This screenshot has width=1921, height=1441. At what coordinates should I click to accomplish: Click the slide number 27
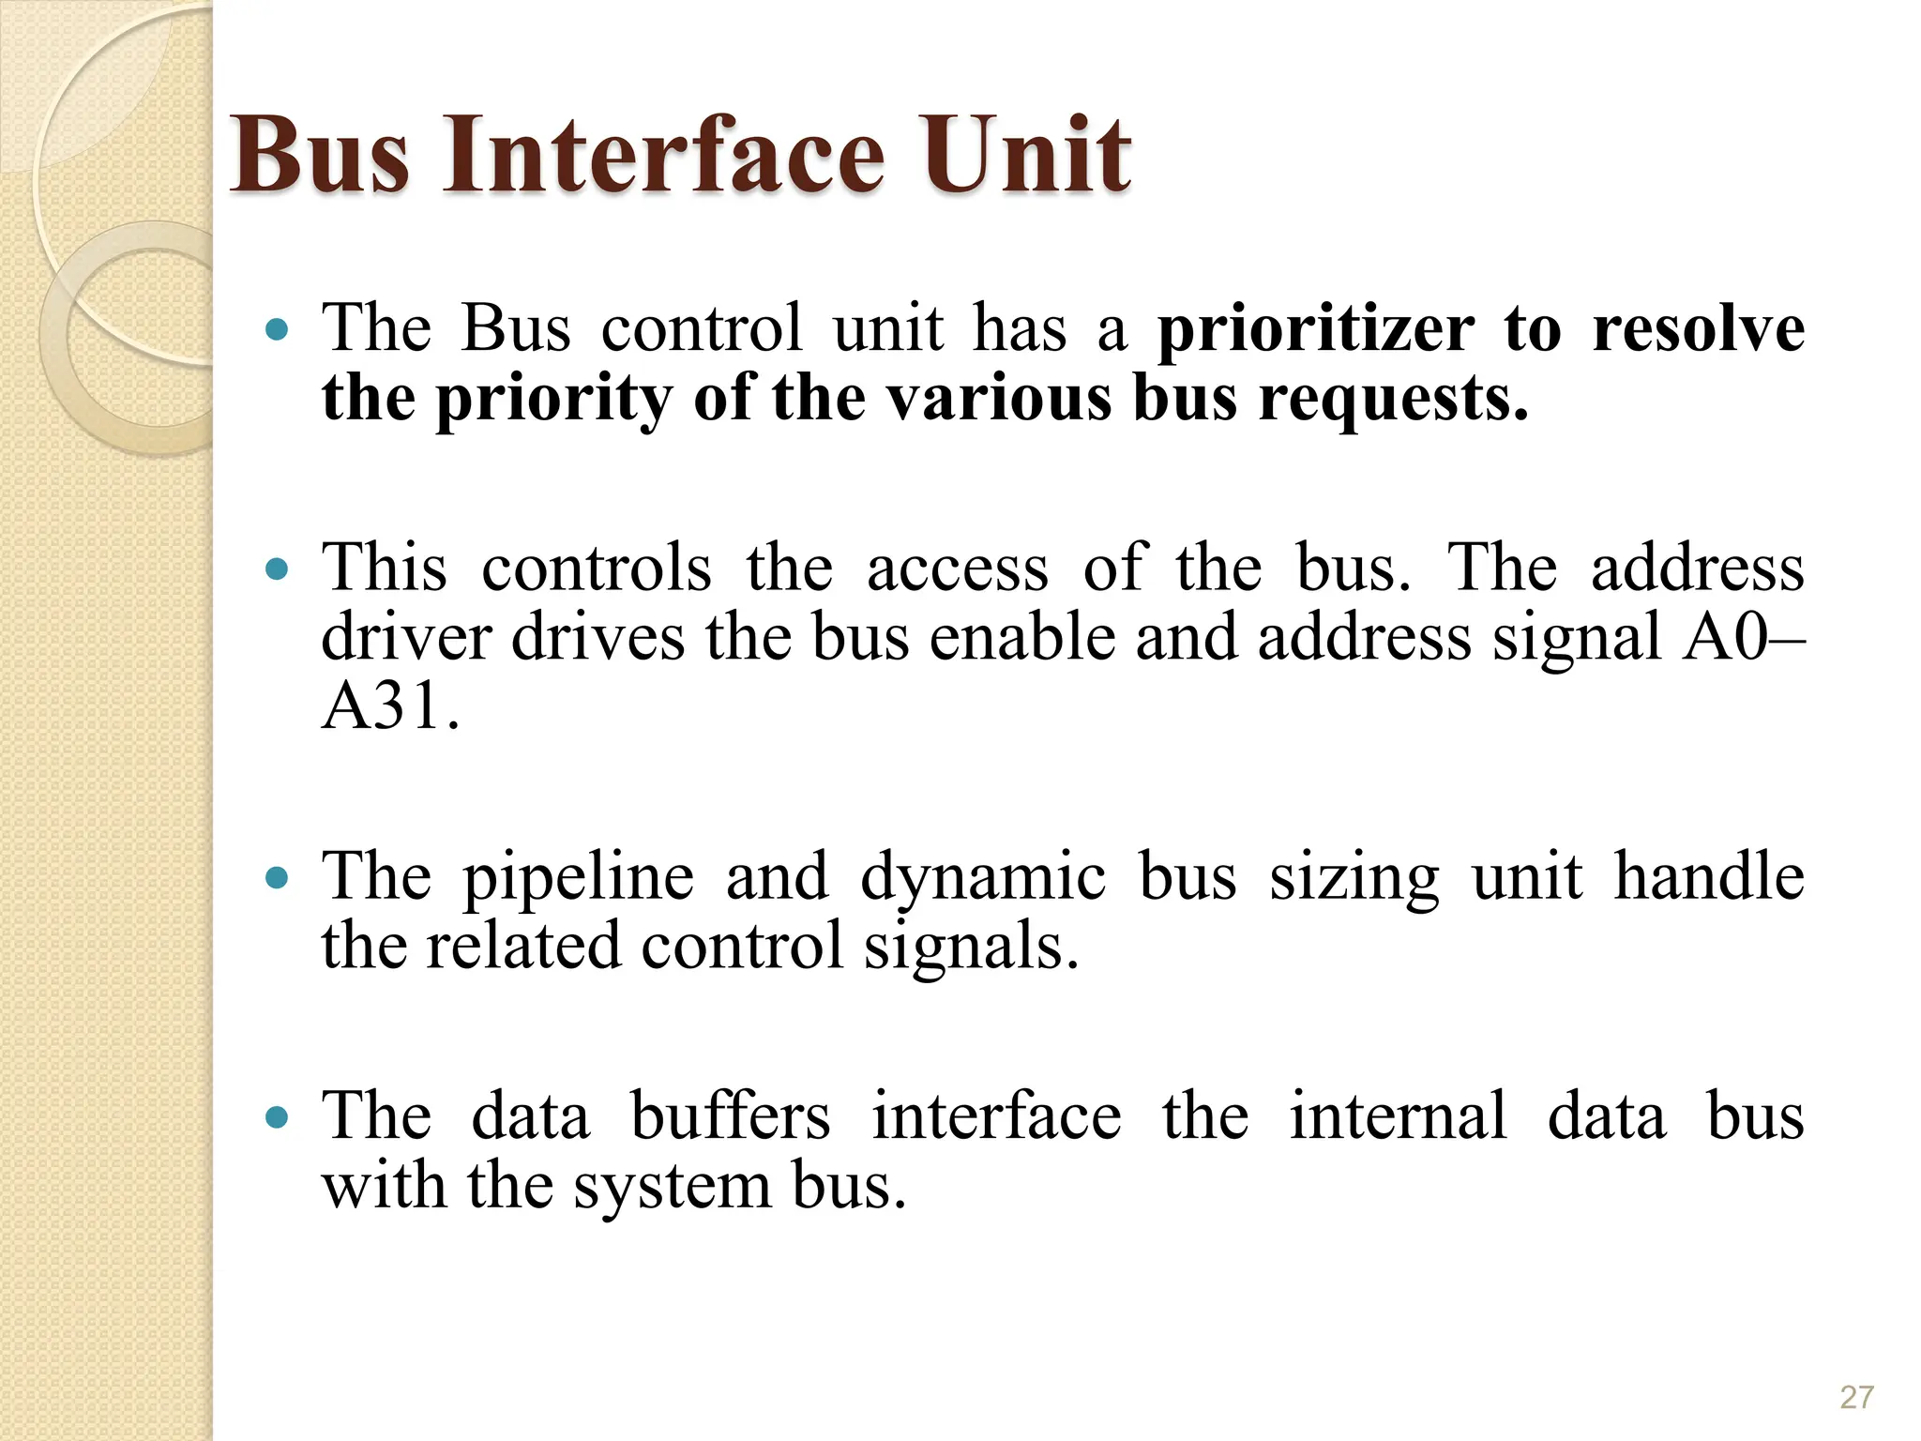[x=1856, y=1397]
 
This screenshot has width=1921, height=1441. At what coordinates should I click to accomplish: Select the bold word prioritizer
[x=1315, y=330]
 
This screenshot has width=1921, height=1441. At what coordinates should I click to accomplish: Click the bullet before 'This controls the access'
[x=277, y=569]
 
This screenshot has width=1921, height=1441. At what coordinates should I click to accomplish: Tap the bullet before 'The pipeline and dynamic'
[x=277, y=877]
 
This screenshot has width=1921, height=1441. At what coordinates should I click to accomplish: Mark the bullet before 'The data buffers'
[x=277, y=1116]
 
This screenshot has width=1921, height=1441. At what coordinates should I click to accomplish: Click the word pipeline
[x=579, y=878]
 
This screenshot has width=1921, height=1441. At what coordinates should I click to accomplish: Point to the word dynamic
[x=982, y=878]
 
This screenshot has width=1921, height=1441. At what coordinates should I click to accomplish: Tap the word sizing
[x=1354, y=878]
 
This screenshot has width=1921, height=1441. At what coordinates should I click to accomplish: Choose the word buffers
[x=730, y=1116]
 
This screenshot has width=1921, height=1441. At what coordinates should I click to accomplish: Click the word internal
[x=1398, y=1116]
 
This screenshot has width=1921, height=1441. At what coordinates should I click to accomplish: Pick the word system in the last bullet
[x=672, y=1187]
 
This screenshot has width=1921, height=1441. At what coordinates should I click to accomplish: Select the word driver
[x=405, y=638]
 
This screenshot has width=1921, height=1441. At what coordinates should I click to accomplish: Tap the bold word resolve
[x=1698, y=330]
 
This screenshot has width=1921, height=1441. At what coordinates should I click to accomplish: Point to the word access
[x=957, y=569]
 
